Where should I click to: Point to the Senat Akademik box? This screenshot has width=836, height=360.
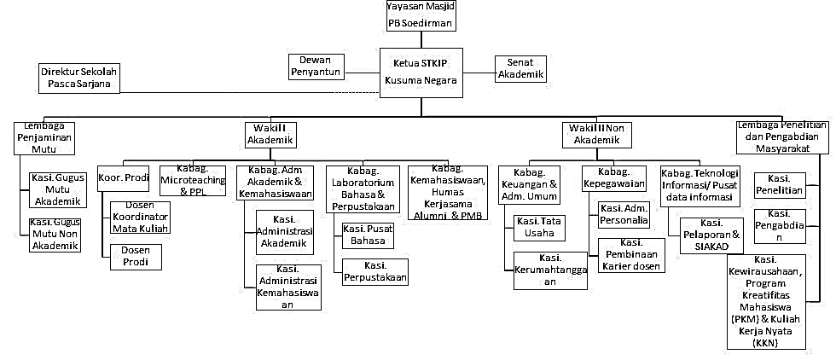(520, 68)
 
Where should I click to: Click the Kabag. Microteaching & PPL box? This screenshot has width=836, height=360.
(194, 181)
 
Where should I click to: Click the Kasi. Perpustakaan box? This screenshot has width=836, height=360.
(375, 271)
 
